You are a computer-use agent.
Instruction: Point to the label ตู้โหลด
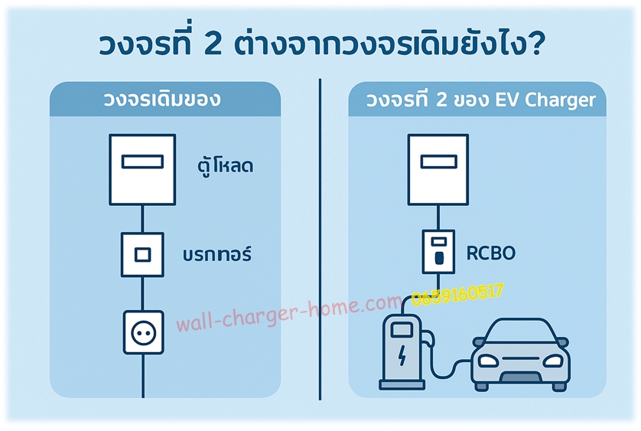[224, 165]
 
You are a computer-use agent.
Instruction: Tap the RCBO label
[490, 253]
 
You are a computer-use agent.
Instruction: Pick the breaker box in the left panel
[142, 255]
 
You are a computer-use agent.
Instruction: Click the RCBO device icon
[438, 252]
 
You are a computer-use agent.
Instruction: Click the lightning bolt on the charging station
[402, 355]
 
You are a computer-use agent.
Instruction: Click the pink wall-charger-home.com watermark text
[289, 313]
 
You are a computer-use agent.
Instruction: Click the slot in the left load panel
[142, 162]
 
